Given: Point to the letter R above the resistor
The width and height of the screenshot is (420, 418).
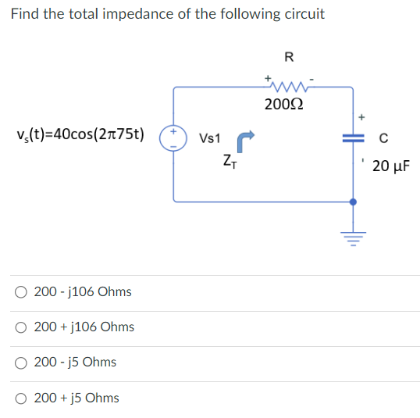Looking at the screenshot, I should pos(289,56).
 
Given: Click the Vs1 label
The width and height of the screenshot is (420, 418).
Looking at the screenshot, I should pos(211,138).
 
